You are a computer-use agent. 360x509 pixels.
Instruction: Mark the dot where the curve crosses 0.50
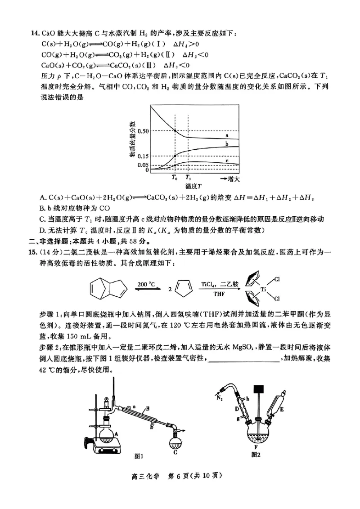[x=175, y=131]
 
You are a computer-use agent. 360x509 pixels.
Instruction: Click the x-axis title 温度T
[x=193, y=185]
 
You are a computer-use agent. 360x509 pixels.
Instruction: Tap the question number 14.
[x=34, y=34]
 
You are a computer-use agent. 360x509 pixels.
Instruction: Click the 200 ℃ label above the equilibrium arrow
[x=146, y=284]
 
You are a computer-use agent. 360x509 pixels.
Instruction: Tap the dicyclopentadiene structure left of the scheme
[x=105, y=290]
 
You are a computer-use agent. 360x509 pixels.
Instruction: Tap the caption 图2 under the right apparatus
[x=257, y=455]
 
